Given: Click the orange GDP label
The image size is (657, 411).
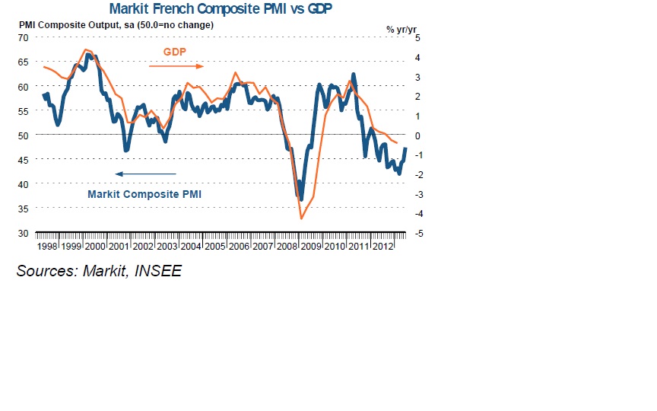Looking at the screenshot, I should [175, 53].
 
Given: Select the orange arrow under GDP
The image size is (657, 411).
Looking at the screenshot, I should [176, 66].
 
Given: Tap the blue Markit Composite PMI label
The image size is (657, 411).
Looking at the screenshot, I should [144, 194].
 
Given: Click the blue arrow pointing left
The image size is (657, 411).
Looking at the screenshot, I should [144, 174].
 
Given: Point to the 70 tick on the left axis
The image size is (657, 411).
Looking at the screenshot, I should [22, 37].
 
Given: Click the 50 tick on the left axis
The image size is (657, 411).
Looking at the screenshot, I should [22, 135].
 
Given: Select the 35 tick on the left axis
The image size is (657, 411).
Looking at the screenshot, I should [22, 209].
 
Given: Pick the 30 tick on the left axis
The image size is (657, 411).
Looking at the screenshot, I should [22, 233].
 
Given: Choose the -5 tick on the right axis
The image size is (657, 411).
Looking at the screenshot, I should [417, 233].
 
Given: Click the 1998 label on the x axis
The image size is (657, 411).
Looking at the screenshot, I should [47, 247].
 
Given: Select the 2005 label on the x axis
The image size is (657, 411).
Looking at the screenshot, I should [214, 247].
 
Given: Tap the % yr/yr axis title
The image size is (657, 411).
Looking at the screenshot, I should [401, 29].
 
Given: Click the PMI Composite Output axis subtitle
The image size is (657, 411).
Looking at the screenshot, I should [116, 25].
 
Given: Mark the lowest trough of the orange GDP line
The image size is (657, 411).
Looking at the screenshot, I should [301, 219].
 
